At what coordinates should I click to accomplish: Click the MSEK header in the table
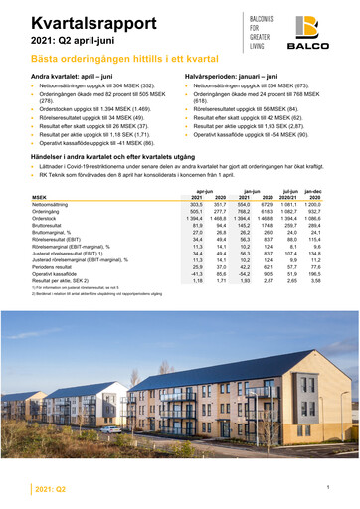point(44,199)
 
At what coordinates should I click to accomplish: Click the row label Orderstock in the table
point(50,221)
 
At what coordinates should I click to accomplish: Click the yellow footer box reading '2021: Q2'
point(50,490)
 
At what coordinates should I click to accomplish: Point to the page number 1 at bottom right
point(327,487)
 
